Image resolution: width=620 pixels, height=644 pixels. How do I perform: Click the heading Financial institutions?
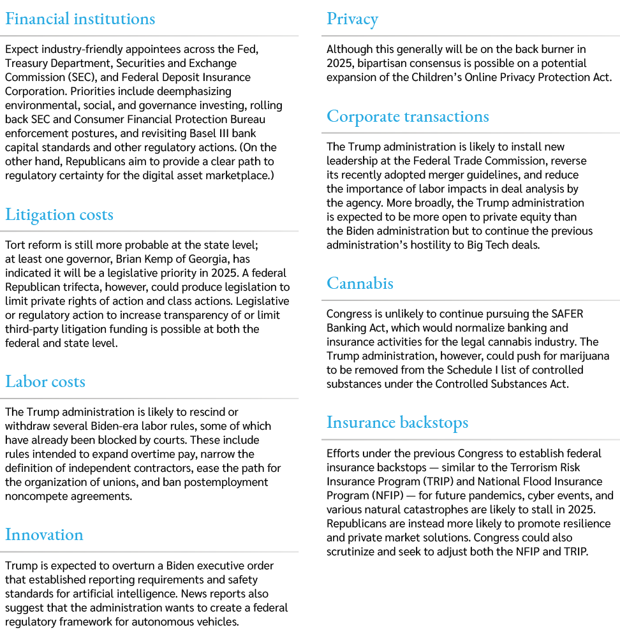pyautogui.click(x=80, y=19)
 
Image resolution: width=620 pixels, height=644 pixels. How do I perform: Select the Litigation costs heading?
pyautogui.click(x=59, y=215)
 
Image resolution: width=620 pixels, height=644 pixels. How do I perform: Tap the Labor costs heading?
pyautogui.click(x=45, y=381)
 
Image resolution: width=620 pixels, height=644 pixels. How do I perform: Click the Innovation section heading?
pyautogui.click(x=45, y=535)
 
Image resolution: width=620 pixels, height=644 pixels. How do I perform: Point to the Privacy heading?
pyautogui.click(x=353, y=19)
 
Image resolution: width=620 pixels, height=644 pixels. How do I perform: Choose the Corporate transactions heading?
pyautogui.click(x=408, y=116)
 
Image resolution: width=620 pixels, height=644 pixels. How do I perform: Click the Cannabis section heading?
pyautogui.click(x=360, y=283)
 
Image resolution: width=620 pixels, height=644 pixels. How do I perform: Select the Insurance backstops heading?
pyautogui.click(x=397, y=423)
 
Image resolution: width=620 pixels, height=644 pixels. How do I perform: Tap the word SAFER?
pyautogui.click(x=568, y=314)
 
